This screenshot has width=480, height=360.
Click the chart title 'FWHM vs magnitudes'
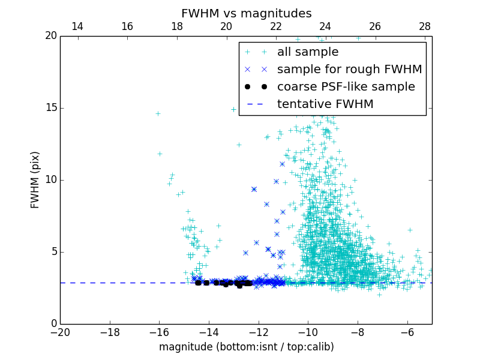[247, 13]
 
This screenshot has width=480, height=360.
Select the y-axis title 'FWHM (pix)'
[35, 180]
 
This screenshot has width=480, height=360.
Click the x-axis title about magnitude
[247, 347]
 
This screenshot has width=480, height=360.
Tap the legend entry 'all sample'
[308, 52]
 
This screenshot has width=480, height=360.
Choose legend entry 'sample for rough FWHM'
[349, 70]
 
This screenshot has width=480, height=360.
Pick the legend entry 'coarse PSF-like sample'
[346, 87]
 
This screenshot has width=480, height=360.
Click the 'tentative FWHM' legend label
[325, 104]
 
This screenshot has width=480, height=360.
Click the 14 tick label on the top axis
[77, 26]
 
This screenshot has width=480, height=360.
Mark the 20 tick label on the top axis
[226, 26]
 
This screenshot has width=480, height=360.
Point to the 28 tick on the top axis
[425, 26]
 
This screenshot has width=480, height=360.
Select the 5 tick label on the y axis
[53, 252]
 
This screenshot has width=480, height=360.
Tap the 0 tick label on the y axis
[53, 324]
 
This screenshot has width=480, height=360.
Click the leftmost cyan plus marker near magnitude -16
[158, 113]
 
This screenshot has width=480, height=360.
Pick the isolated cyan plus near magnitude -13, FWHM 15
[233, 109]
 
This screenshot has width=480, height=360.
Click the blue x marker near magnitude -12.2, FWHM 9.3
[254, 189]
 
